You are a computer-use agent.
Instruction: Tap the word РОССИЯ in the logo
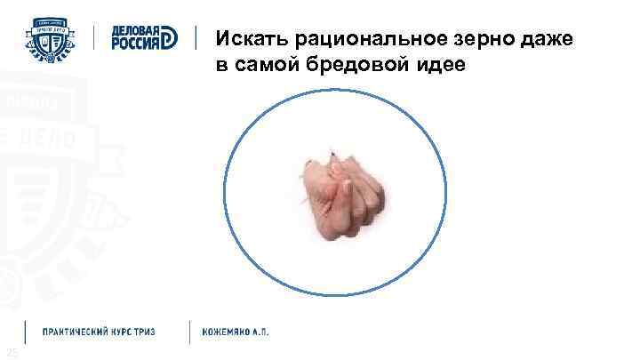coord(134,45)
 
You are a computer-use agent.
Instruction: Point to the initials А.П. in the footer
coord(260,332)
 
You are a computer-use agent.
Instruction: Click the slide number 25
coord(11,355)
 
